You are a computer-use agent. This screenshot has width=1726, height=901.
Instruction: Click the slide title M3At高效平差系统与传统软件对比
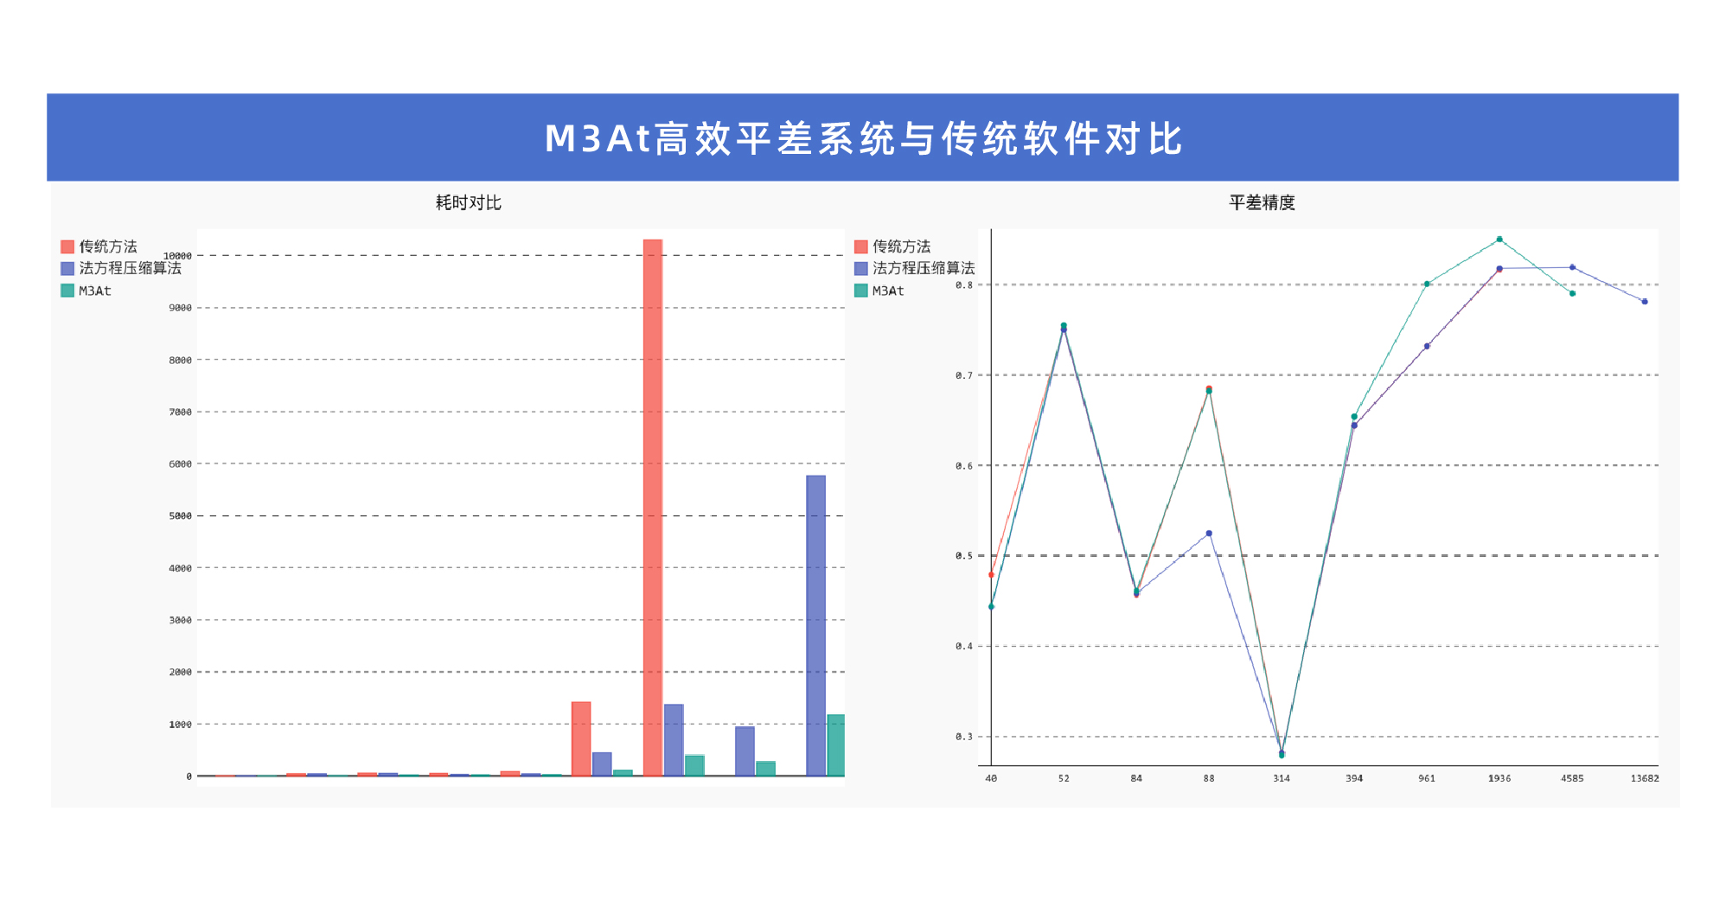[863, 138]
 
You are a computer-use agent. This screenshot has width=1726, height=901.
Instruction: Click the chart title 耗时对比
[468, 202]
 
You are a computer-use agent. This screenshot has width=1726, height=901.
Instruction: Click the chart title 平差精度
[1262, 202]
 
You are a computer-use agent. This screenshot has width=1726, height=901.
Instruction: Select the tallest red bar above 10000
[653, 507]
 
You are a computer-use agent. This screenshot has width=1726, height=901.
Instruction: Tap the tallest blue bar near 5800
[815, 624]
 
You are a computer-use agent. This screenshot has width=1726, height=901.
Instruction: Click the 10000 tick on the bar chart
[178, 256]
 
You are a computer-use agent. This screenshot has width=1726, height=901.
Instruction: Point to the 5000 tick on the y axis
[180, 516]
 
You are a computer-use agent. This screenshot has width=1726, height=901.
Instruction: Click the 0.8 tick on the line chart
[964, 284]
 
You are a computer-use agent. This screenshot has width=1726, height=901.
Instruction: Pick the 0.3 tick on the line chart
[964, 737]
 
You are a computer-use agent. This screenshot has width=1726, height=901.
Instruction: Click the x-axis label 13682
[1644, 778]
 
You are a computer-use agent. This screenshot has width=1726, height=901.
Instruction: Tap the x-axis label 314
[1282, 778]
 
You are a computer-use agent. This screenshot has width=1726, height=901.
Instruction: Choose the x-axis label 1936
[1499, 778]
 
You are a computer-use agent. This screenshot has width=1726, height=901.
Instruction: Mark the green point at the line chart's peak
[1499, 240]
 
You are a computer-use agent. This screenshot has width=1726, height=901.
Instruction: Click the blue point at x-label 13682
[1645, 302]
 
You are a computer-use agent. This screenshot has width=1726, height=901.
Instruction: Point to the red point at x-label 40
[991, 575]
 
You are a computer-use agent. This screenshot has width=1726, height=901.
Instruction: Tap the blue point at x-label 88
[1209, 534]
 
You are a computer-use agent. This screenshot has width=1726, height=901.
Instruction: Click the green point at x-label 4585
[1572, 294]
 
